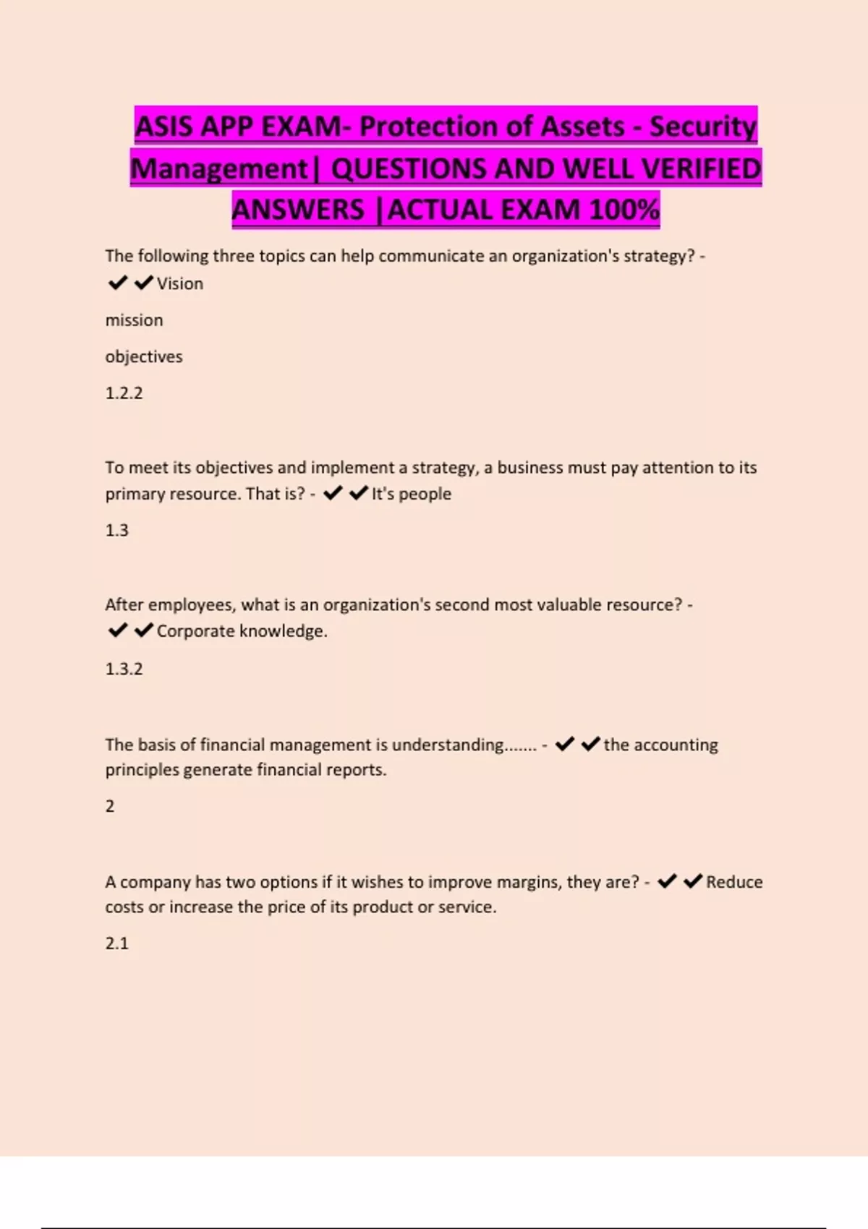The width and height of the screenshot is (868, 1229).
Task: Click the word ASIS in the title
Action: [x=164, y=127]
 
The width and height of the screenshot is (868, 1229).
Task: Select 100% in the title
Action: [x=624, y=210]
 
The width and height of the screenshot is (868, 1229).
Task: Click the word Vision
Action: [x=180, y=283]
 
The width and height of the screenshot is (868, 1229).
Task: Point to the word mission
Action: [x=134, y=320]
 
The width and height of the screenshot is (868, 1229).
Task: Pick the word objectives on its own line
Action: [x=144, y=356]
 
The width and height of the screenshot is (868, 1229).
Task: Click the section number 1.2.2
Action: [x=124, y=393]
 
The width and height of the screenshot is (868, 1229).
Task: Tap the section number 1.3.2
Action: [x=124, y=669]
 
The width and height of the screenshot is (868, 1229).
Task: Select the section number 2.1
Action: [x=116, y=943]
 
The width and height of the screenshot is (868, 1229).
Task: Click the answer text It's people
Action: [x=412, y=494]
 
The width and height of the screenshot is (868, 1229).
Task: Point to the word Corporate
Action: [x=195, y=631]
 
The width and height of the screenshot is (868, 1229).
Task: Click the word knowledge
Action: [x=283, y=631]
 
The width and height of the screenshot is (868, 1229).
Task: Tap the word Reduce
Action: [x=734, y=882]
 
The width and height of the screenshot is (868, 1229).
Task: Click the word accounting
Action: [x=676, y=745]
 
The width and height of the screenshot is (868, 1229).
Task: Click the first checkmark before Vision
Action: [x=117, y=283]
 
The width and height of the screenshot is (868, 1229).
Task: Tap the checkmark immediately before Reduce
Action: [x=693, y=881]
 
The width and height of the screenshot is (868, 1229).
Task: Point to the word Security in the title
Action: [x=702, y=127]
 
